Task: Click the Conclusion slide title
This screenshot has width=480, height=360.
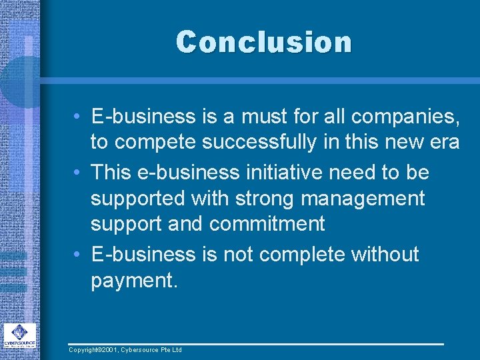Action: pyautogui.click(x=263, y=41)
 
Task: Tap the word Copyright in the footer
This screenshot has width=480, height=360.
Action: pyautogui.click(x=85, y=350)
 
